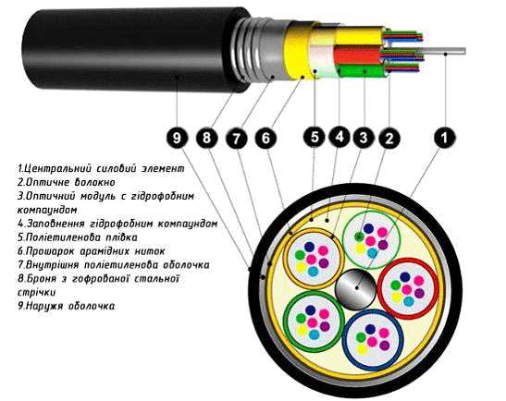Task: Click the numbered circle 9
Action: pyautogui.click(x=177, y=139)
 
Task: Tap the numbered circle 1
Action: pyautogui.click(x=445, y=138)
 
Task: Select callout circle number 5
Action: pyautogui.click(x=315, y=137)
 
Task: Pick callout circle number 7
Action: pyautogui.click(x=237, y=139)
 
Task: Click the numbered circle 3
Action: pyautogui.click(x=364, y=138)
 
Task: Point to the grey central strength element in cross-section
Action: pyautogui.click(x=356, y=288)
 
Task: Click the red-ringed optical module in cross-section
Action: pyautogui.click(x=408, y=289)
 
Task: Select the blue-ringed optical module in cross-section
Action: pyautogui.click(x=373, y=340)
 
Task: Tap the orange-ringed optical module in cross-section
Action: pyautogui.click(x=312, y=258)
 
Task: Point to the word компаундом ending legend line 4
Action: pyautogui.click(x=188, y=224)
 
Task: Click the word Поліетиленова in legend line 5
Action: pyautogui.click(x=63, y=237)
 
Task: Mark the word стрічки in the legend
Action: pyautogui.click(x=36, y=292)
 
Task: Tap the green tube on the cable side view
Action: pyautogui.click(x=361, y=71)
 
